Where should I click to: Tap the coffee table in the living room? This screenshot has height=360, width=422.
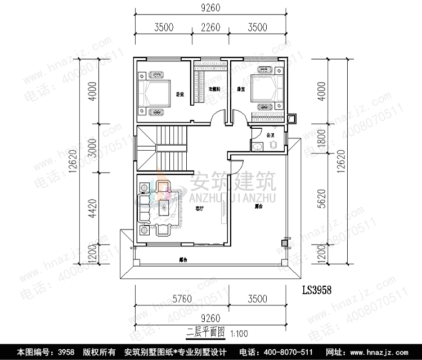(164, 208)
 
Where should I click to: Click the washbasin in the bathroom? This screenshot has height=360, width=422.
(257, 146)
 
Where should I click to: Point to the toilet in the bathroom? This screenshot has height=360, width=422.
(274, 145)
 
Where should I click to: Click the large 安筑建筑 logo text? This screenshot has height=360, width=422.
(232, 183)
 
